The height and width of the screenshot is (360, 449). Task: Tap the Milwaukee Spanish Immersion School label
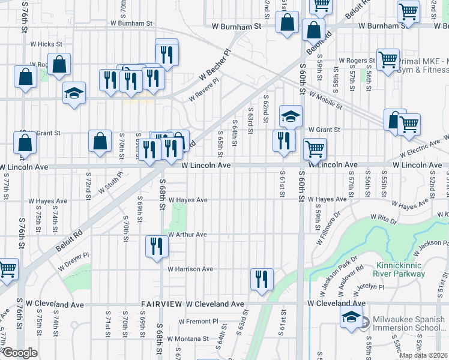(x=408, y=324)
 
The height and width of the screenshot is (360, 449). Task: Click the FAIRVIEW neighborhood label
(x=161, y=304)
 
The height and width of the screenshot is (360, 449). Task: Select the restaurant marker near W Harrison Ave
(x=262, y=279)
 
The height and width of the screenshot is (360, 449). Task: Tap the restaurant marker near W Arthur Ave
(x=157, y=246)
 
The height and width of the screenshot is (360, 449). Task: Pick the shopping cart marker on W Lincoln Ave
(x=315, y=148)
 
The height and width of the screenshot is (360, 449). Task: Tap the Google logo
(x=19, y=352)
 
